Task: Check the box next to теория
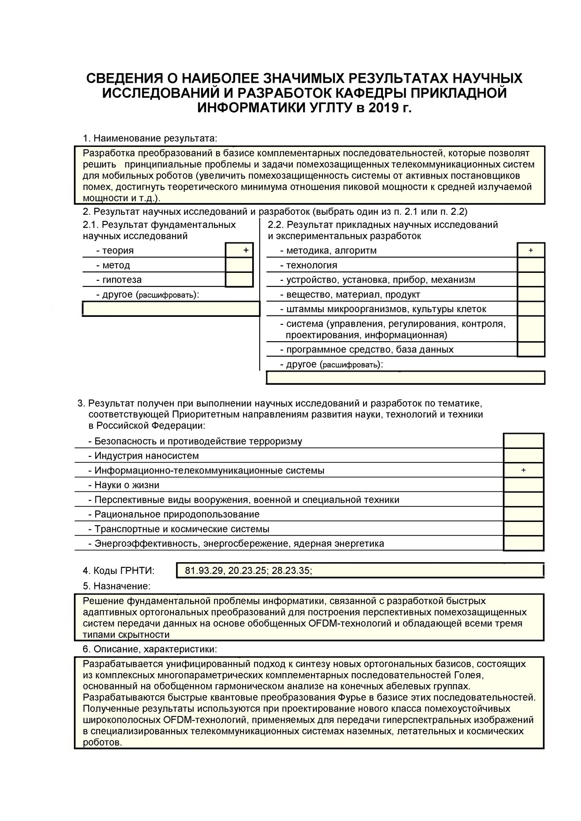click(239, 250)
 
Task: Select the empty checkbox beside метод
click(239, 265)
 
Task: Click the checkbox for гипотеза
click(239, 279)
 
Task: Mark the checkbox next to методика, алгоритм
click(531, 250)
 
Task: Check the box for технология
click(531, 265)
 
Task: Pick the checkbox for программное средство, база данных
click(531, 349)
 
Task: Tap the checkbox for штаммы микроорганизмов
click(531, 309)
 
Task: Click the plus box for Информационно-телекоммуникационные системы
click(523, 470)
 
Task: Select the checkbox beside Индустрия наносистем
click(523, 455)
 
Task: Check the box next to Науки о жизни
click(523, 485)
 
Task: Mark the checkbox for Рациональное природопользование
click(523, 514)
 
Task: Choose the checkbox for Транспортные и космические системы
click(523, 529)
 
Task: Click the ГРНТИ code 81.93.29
click(204, 571)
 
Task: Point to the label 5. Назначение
click(117, 586)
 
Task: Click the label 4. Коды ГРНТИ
click(118, 571)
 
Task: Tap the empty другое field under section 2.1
click(171, 309)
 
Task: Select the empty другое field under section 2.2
click(405, 378)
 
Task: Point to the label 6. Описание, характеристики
click(149, 649)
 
